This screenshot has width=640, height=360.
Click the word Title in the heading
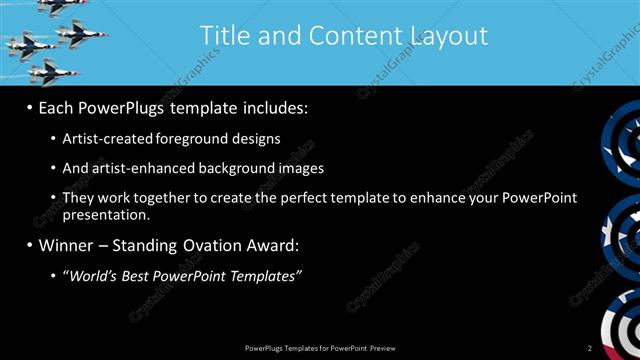[221, 36]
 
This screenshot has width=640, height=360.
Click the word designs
[253, 138]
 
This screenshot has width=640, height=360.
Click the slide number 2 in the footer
[590, 347]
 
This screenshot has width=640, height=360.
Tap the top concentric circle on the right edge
[625, 141]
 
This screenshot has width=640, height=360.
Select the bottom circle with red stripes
[625, 325]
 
